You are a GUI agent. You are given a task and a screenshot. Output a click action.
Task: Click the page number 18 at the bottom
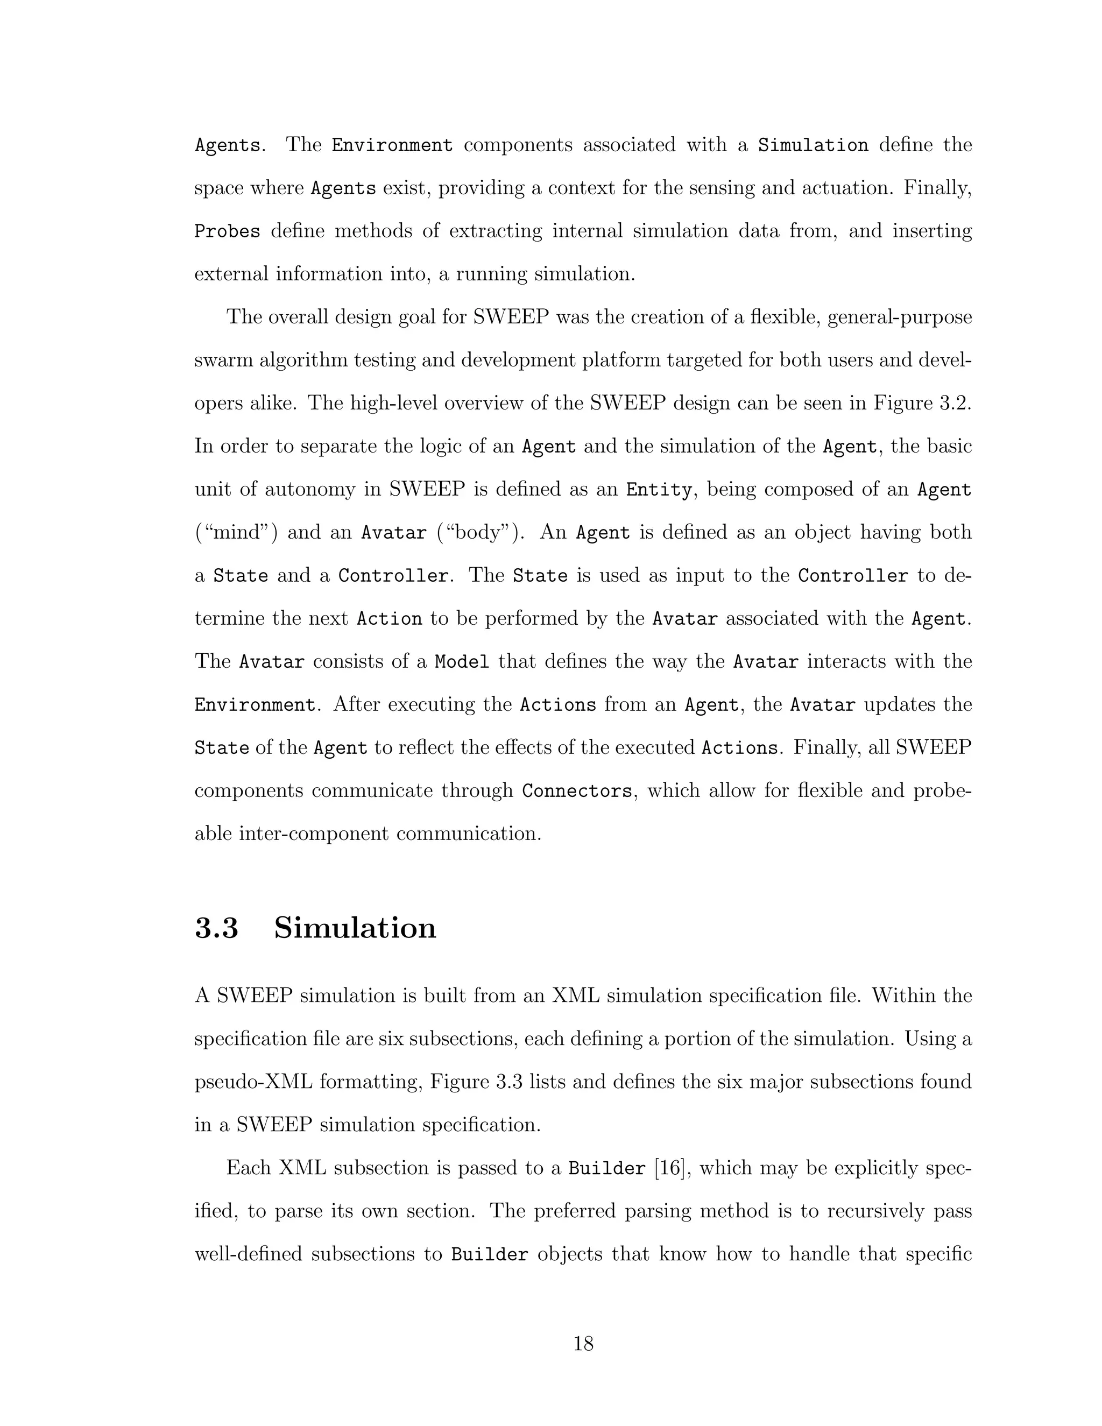click(583, 1344)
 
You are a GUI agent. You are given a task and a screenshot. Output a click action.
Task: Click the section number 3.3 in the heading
click(217, 928)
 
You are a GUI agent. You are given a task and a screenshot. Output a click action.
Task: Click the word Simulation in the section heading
click(355, 928)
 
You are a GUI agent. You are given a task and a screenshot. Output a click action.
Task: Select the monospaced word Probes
click(227, 231)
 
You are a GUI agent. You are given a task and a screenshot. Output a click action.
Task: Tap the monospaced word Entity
click(658, 490)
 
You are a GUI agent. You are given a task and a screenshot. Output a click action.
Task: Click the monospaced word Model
click(462, 662)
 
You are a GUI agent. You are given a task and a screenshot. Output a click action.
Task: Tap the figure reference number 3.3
click(512, 1082)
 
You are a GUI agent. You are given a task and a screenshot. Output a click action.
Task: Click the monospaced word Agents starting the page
click(227, 145)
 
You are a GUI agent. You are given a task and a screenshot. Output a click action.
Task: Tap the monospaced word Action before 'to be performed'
click(389, 619)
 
